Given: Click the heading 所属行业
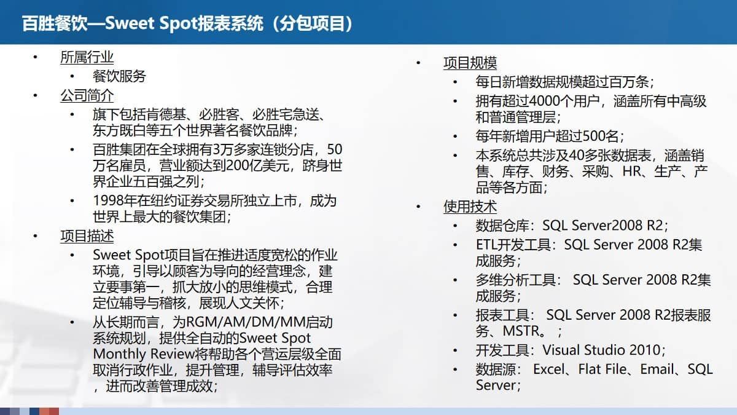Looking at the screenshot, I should coord(87,58).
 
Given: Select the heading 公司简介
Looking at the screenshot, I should coord(87,96).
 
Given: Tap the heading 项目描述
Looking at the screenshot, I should coord(87,236).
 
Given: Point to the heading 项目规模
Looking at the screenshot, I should coord(470,63).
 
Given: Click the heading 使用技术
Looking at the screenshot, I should coord(470,207).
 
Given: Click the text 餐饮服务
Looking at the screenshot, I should coord(119,77).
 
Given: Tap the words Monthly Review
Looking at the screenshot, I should coord(139,354).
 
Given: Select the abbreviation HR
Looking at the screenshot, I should coord(631,172).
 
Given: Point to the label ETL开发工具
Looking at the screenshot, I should coord(513,245).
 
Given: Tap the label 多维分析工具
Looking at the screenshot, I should coord(517,280).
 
